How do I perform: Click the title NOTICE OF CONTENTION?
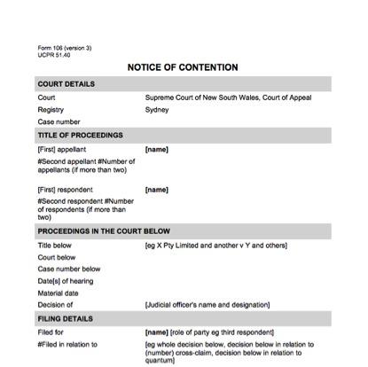coord(183,67)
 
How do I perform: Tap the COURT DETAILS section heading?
coord(67,84)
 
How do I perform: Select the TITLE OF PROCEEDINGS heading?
coord(80,136)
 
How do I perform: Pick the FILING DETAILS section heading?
coord(67,316)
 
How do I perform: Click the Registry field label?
coord(51,110)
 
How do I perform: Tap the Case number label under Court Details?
coord(59,122)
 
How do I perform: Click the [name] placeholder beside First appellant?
coord(156,150)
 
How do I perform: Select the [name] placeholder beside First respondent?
coord(156,190)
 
